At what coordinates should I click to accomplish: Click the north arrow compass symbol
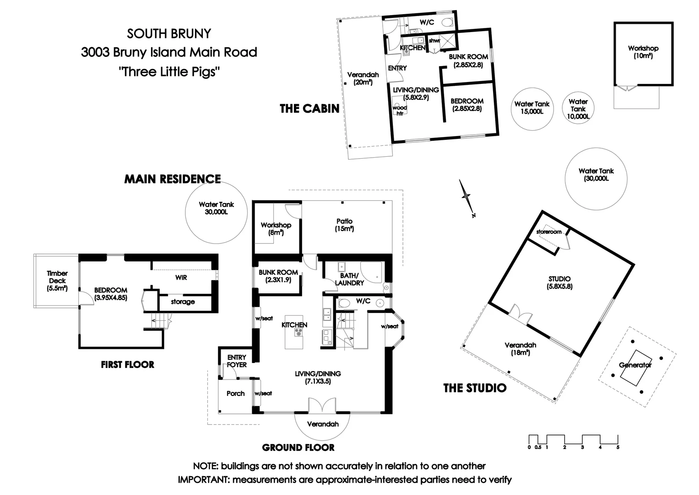(x=466, y=197)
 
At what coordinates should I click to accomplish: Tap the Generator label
(x=635, y=365)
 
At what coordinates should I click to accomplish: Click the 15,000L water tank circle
(x=531, y=108)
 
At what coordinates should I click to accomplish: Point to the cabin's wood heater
(x=400, y=110)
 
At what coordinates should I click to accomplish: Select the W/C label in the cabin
(x=427, y=22)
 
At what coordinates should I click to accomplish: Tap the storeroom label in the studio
(x=548, y=232)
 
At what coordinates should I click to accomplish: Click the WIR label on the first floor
(x=181, y=278)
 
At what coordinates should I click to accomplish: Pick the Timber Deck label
(x=57, y=280)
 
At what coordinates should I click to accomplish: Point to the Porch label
(x=235, y=393)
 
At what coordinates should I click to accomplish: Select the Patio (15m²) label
(x=344, y=225)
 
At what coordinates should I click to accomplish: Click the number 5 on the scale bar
(x=618, y=447)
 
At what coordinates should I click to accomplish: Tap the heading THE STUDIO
(x=475, y=388)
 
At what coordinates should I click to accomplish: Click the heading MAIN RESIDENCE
(x=173, y=179)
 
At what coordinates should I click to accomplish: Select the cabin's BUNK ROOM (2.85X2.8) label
(x=468, y=60)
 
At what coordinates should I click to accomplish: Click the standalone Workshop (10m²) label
(x=643, y=52)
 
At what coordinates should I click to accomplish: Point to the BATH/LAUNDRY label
(x=349, y=279)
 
